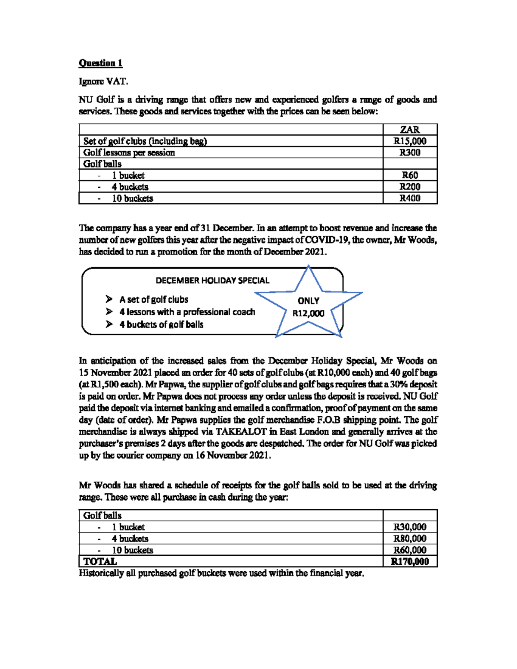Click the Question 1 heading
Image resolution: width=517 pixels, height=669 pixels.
[x=100, y=63]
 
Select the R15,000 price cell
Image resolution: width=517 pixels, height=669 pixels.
[x=410, y=141]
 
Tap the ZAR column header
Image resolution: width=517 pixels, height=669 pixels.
[x=410, y=130]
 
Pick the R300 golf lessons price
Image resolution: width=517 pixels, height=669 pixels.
[x=410, y=152]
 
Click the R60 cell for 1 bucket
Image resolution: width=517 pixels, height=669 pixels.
[x=410, y=175]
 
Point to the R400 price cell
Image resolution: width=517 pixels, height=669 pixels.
[x=410, y=198]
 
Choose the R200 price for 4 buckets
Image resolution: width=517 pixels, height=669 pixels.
[x=410, y=187]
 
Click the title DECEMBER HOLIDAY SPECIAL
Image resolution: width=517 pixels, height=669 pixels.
[x=212, y=280]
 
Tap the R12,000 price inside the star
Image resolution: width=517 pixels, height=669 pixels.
[x=308, y=313]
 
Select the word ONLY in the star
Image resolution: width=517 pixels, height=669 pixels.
[x=308, y=301]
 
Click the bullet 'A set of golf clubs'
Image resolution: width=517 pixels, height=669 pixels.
[x=153, y=299]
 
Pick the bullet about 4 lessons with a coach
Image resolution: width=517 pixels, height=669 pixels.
[x=187, y=312]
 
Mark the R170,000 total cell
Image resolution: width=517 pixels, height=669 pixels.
[x=410, y=561]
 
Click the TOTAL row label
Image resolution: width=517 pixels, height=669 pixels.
[x=100, y=561]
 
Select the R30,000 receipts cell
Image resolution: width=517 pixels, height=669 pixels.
[x=410, y=527]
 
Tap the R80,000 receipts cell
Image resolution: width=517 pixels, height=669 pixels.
[x=410, y=538]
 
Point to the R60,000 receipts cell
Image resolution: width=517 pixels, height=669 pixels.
[x=410, y=550]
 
